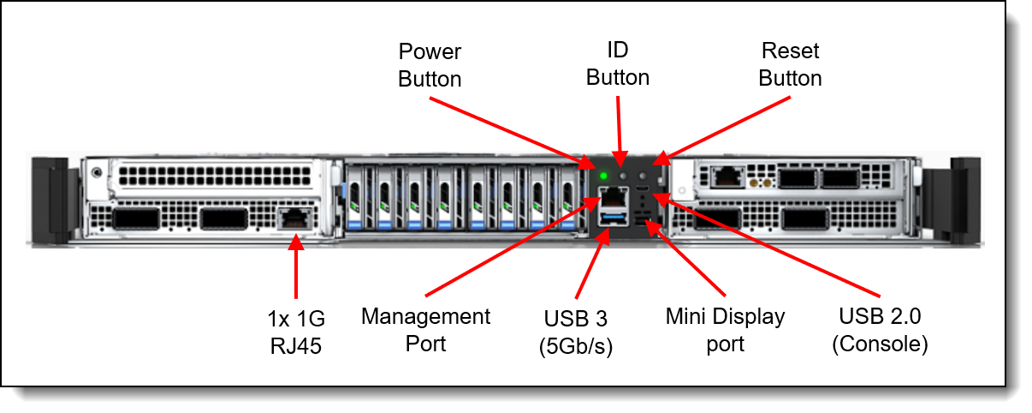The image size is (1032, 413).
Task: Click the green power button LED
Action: [604, 177]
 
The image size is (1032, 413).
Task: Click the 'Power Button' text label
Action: [430, 65]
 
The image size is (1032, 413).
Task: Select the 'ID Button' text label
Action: [617, 64]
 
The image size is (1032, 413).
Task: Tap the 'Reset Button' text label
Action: [790, 65]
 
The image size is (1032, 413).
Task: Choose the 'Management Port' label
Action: [425, 329]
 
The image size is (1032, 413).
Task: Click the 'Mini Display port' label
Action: [724, 330]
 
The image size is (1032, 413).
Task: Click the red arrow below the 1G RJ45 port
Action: [296, 270]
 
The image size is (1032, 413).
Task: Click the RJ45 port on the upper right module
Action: [727, 179]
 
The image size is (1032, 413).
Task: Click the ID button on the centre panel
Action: [624, 176]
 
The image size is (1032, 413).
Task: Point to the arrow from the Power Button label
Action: [509, 129]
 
